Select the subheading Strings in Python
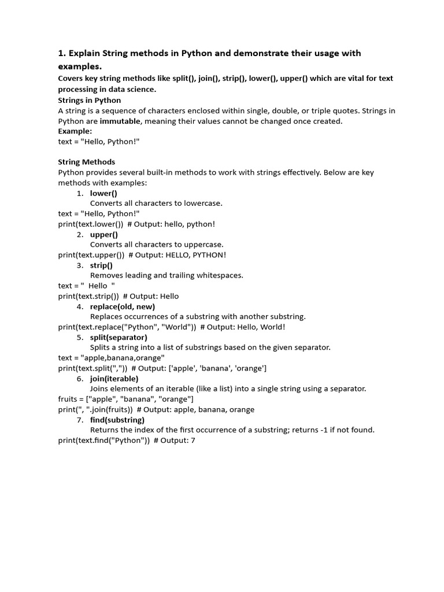pos(90,100)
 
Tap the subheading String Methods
pos(87,162)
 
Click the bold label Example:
pos(75,131)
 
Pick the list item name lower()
pos(103,193)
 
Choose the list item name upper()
pos(104,234)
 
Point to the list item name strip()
pos(102,265)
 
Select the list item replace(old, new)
pos(123,306)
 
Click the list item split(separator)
pos(119,337)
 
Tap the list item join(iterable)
pos(114,379)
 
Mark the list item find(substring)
pos(117,420)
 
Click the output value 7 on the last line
pos(195,441)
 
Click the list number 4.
pos(80,306)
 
